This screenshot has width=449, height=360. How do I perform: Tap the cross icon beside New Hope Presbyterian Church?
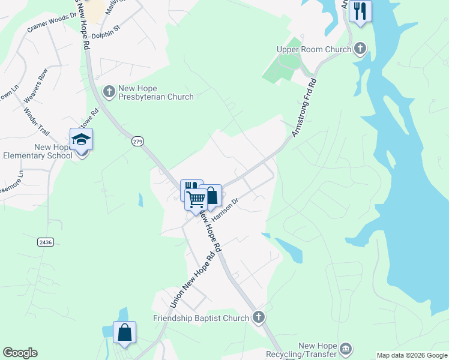[109, 92]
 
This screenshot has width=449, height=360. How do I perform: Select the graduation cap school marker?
[81, 140]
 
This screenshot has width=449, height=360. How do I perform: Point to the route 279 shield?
[137, 141]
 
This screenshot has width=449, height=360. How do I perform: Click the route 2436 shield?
[45, 242]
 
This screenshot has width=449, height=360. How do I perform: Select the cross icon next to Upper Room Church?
[360, 49]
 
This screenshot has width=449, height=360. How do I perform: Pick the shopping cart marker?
[196, 199]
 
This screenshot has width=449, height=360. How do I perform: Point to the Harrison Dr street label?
[225, 209]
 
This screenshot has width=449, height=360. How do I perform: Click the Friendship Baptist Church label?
[201, 318]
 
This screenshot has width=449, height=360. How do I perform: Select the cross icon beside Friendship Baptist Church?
[258, 317]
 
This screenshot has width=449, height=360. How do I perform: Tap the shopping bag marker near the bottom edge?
[124, 332]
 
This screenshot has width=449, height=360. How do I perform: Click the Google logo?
[20, 353]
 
